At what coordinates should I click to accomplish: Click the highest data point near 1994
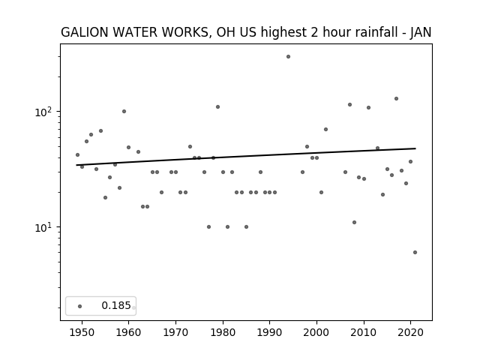click(x=288, y=57)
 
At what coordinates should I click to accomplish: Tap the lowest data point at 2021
click(x=415, y=253)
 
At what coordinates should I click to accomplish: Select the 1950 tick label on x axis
click(x=82, y=332)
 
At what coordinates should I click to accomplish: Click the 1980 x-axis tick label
click(x=223, y=332)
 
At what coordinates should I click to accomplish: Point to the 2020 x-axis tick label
click(x=411, y=332)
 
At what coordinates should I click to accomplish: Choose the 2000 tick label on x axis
click(x=316, y=332)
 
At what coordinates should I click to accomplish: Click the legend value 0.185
click(x=116, y=305)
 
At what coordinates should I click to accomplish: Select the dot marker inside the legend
click(x=80, y=307)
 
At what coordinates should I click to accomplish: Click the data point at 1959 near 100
click(x=124, y=112)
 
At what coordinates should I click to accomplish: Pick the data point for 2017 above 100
click(x=396, y=98)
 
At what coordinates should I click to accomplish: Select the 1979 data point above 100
click(x=217, y=106)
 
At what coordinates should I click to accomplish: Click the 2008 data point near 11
click(x=354, y=222)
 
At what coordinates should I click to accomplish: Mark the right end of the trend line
click(x=415, y=148)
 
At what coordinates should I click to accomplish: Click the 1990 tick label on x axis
click(x=269, y=332)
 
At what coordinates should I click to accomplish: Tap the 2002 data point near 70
click(x=325, y=130)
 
